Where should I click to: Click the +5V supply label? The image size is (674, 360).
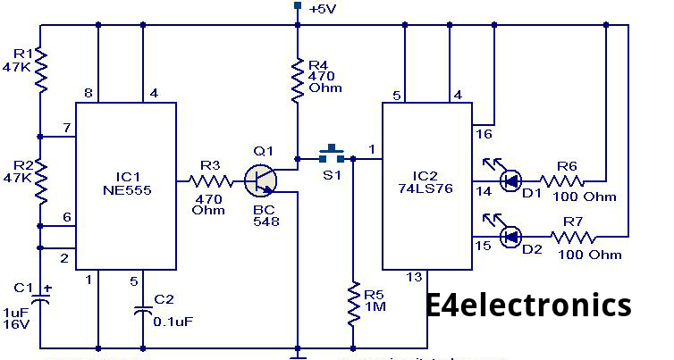[323, 9]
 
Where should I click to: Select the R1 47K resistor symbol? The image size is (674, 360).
[40, 70]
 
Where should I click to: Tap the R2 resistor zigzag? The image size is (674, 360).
[40, 180]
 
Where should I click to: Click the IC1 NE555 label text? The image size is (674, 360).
[127, 183]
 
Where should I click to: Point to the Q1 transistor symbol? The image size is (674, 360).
[260, 180]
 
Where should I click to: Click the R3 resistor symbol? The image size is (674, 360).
[211, 181]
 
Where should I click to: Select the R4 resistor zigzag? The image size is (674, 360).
[298, 80]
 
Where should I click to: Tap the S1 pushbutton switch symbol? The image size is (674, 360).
[332, 155]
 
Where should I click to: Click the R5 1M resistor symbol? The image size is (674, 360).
[353, 304]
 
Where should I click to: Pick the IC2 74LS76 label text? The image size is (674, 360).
[425, 182]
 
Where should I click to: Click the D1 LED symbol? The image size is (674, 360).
[507, 177]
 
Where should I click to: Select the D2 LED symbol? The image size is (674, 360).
[507, 232]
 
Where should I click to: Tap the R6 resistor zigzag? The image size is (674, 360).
[562, 180]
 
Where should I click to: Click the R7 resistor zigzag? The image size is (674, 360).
[573, 237]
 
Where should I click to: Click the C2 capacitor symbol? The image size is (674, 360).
[143, 311]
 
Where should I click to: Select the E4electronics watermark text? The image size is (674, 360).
[528, 305]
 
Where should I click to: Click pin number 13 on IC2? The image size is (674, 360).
[414, 277]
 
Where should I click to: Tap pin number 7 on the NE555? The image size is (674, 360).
[66, 128]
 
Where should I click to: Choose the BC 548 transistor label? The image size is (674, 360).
[266, 215]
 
